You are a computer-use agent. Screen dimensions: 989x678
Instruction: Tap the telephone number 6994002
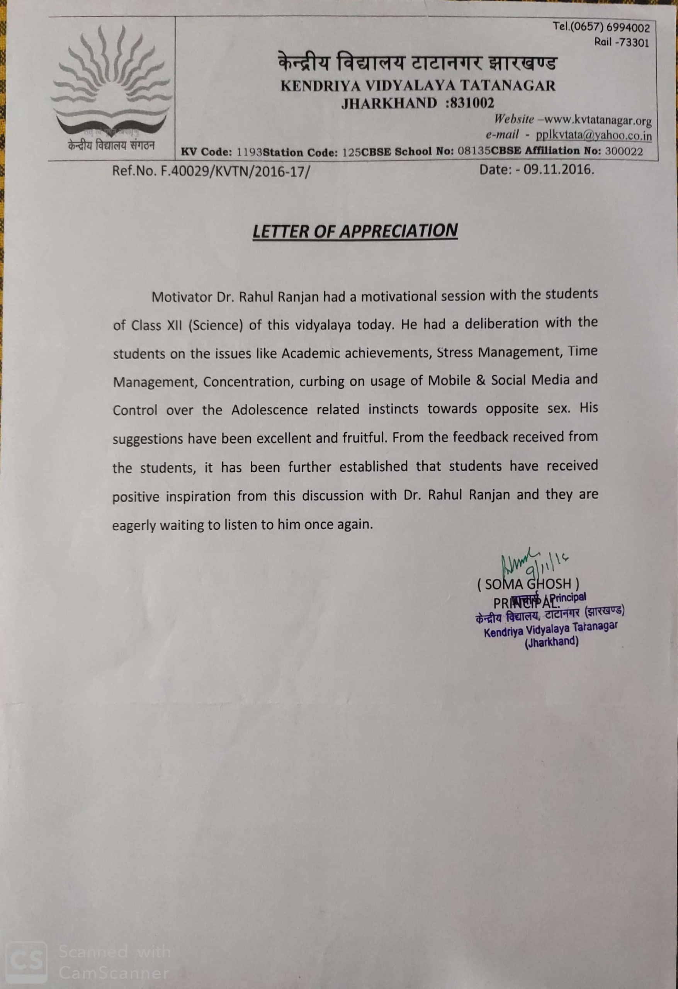[x=628, y=28]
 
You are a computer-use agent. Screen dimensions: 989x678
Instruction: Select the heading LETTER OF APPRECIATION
[x=355, y=231]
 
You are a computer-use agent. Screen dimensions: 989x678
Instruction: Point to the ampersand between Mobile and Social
[x=481, y=380]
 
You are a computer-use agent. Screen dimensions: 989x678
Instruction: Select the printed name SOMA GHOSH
[x=528, y=584]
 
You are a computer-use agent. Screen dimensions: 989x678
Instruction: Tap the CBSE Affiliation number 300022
[x=624, y=151]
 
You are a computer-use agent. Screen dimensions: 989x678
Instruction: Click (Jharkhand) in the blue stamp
[x=551, y=642]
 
